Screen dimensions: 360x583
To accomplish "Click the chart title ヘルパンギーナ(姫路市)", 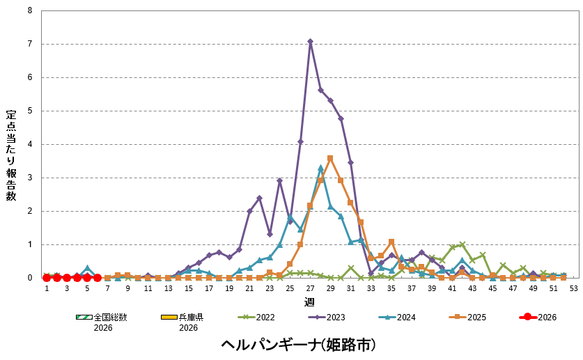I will click(298, 345).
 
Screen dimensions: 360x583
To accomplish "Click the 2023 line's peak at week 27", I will click(310, 41).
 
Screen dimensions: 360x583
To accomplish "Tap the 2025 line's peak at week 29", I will click(330, 158).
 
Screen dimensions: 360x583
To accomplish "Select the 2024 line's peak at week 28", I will click(320, 168).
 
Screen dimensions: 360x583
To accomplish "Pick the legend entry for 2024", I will click(394, 317).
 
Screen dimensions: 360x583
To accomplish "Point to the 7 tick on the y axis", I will click(29, 44).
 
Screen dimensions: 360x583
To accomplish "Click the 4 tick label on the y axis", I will click(29, 144).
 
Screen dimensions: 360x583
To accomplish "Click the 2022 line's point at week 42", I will click(462, 244).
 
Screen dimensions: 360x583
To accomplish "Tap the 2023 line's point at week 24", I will click(279, 181).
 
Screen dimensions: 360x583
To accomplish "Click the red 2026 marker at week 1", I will click(47, 277).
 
